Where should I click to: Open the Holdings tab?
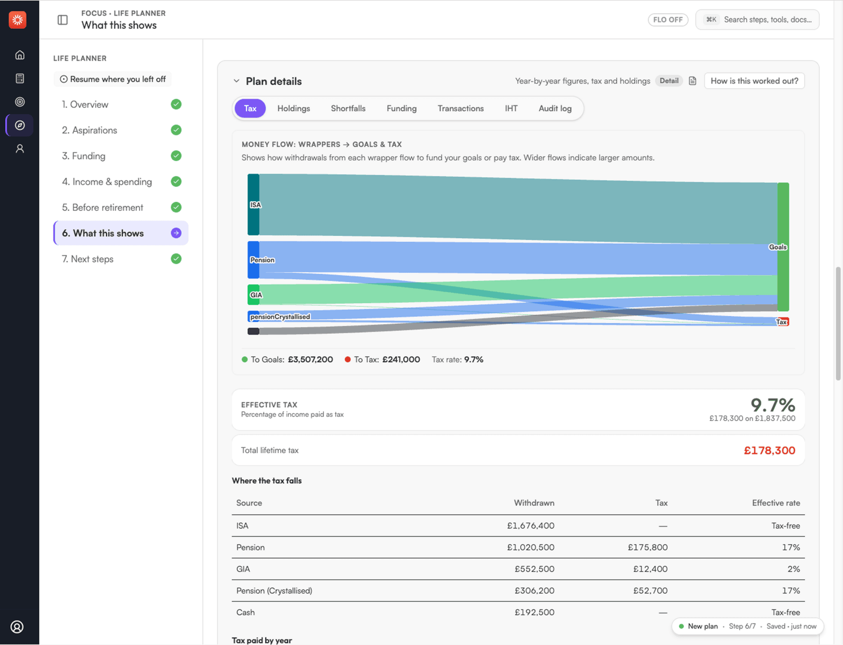[293, 108]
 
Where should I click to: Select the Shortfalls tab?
[348, 108]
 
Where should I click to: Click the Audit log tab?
[555, 108]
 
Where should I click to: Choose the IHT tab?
[511, 108]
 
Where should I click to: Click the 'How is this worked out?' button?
[754, 81]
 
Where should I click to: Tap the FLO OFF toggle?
[668, 20]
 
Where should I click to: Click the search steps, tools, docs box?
[757, 20]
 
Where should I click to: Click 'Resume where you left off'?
[113, 79]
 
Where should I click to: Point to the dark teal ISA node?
[253, 205]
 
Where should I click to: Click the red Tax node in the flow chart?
[782, 322]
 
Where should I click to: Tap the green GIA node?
[253, 295]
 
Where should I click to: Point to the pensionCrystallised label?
[280, 317]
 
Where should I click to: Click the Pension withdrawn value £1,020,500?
[530, 548]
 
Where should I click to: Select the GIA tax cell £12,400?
[650, 569]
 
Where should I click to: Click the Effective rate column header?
[776, 503]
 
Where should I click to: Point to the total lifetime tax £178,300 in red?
[769, 450]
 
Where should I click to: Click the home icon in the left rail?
[20, 55]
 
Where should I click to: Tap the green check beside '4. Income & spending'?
[176, 181]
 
